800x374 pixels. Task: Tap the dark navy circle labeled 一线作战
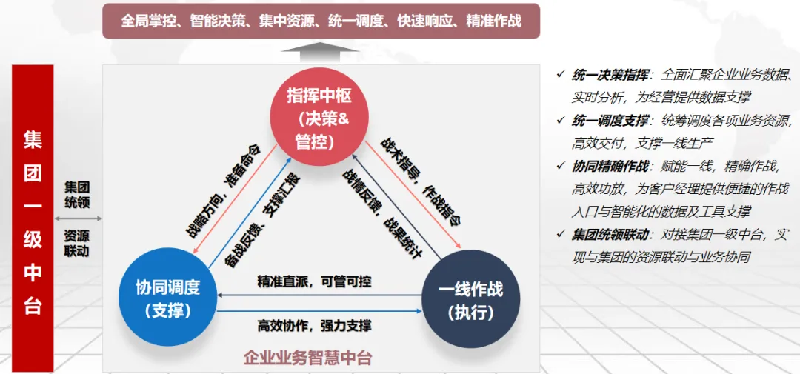pyautogui.click(x=470, y=298)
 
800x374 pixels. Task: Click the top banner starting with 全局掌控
pyautogui.click(x=321, y=21)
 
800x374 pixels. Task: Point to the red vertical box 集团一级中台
pyautogui.click(x=33, y=218)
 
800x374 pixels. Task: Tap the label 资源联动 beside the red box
pyautogui.click(x=77, y=243)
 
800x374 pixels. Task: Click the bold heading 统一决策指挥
pyautogui.click(x=611, y=74)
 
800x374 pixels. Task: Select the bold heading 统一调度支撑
pyautogui.click(x=611, y=120)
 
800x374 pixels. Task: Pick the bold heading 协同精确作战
pyautogui.click(x=611, y=166)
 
